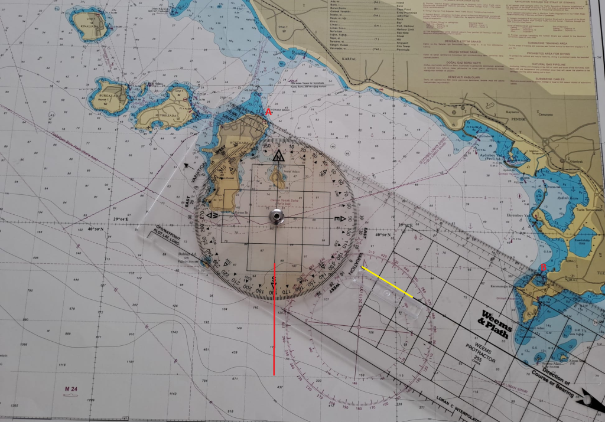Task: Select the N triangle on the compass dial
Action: [x=278, y=156]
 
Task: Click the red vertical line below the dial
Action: [x=274, y=319]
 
